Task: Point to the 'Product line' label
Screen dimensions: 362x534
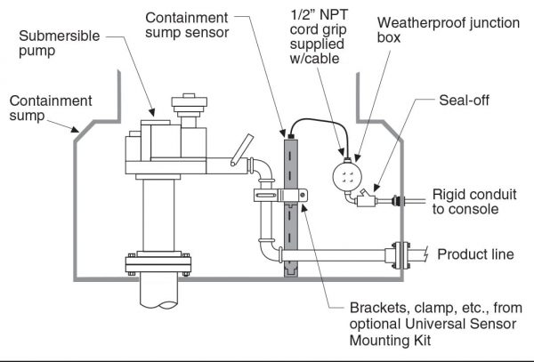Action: point(476,254)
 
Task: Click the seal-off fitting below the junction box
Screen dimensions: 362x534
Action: point(366,201)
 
